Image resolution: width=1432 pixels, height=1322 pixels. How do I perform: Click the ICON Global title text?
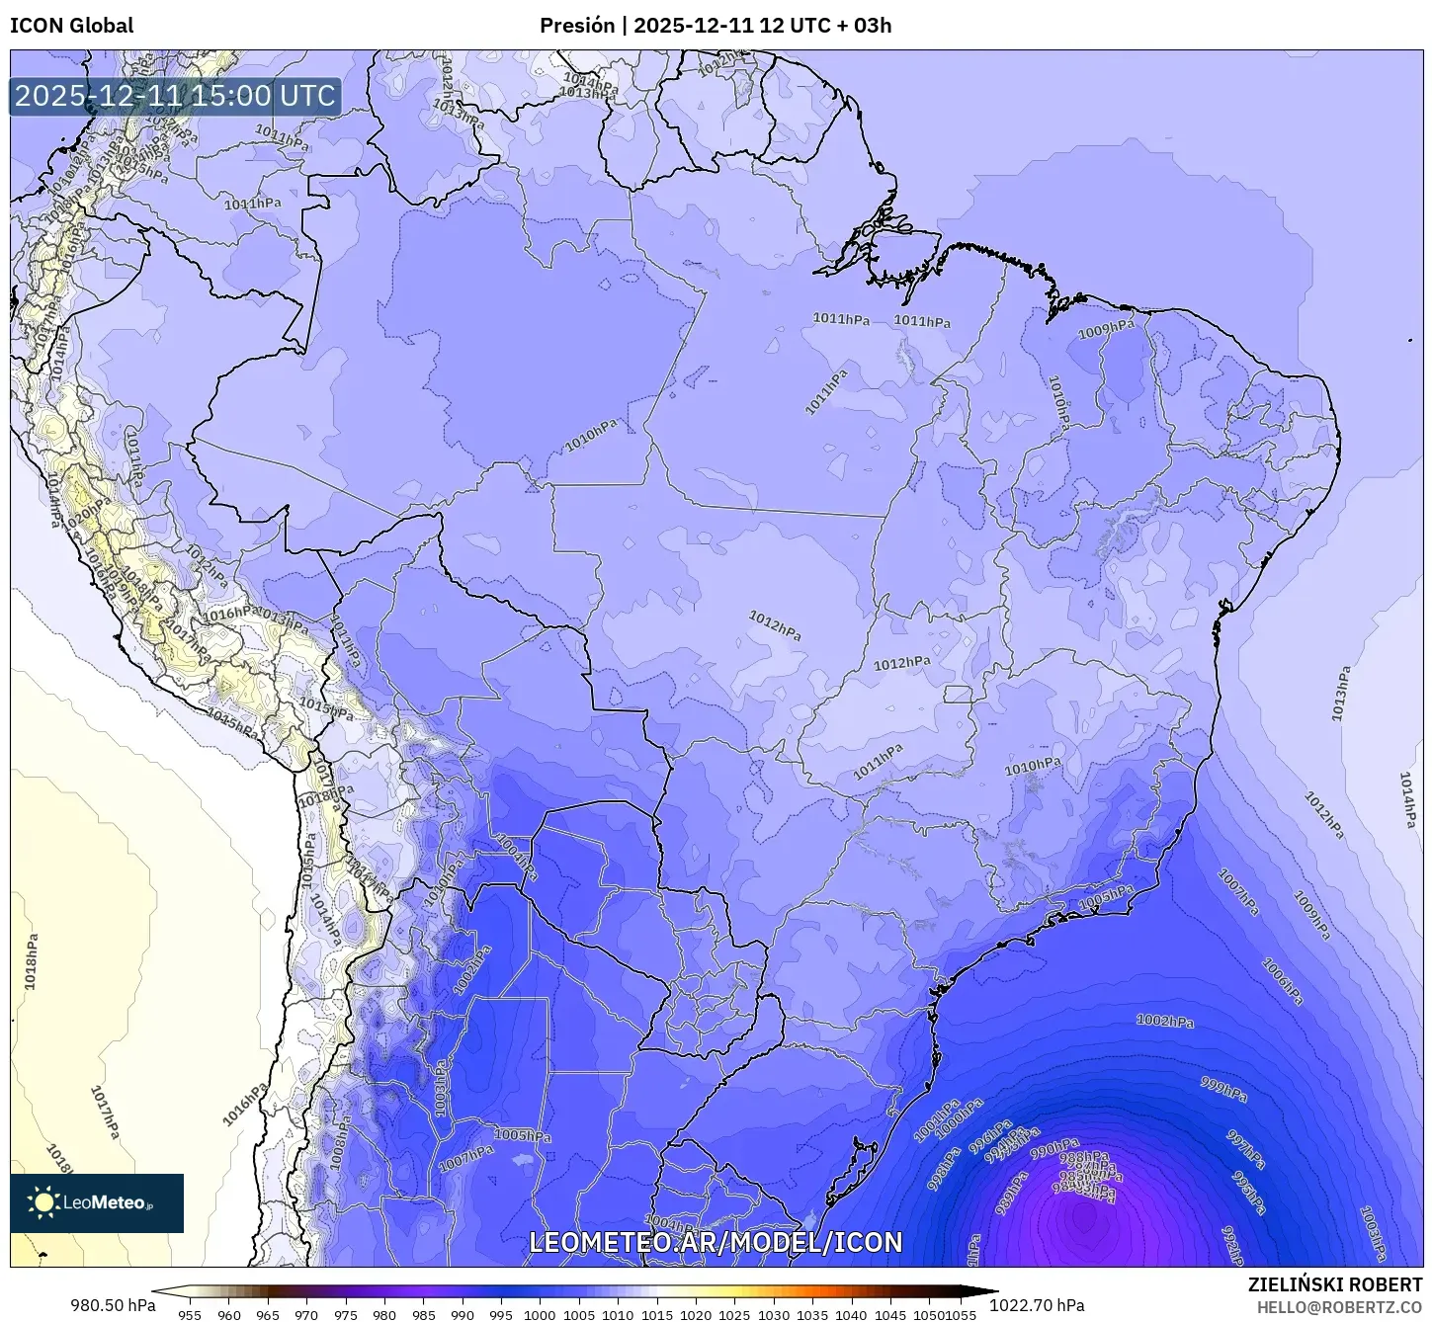(71, 26)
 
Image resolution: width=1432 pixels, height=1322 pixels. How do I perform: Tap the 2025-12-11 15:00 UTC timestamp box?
(175, 96)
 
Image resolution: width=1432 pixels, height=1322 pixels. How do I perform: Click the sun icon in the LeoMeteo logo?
(44, 1202)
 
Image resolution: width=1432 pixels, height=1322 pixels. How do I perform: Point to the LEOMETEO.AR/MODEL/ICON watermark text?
(716, 1242)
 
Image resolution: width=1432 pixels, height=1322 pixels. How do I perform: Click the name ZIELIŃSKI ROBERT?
(1334, 1284)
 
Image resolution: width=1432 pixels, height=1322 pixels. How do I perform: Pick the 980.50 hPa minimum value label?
(112, 1305)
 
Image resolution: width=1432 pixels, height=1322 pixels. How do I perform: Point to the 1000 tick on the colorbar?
(540, 1314)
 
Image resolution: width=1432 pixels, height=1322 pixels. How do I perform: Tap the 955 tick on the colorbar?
(190, 1314)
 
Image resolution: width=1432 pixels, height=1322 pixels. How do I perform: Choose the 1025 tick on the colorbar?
(734, 1314)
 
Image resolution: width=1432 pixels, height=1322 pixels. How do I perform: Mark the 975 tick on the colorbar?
(345, 1314)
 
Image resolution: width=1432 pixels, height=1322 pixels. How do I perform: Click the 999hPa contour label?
(1222, 1089)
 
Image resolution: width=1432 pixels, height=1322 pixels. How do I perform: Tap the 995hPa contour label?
(1249, 1193)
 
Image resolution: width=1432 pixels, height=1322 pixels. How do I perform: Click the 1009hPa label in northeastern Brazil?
(1106, 330)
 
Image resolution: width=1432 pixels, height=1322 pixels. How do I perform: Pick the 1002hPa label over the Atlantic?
(1164, 1021)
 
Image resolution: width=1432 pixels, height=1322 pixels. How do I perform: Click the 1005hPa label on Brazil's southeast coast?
(1105, 898)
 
